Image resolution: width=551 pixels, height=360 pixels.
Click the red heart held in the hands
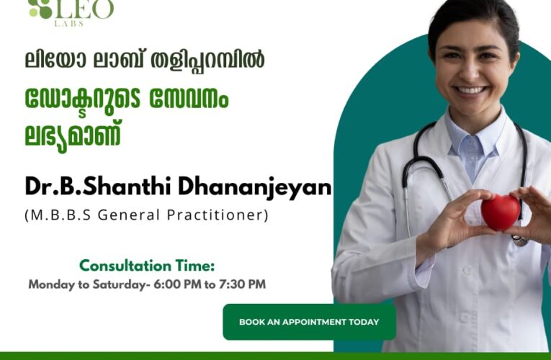pyautogui.click(x=500, y=212)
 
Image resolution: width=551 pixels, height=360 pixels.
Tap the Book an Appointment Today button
pyautogui.click(x=309, y=322)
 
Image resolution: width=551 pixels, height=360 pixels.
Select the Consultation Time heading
pyautogui.click(x=147, y=265)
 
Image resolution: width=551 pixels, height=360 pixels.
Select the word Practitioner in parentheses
pyautogui.click(x=225, y=214)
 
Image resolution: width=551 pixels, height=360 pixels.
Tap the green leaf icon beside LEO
pyautogui.click(x=40, y=9)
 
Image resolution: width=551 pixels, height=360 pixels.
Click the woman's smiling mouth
pyautogui.click(x=472, y=91)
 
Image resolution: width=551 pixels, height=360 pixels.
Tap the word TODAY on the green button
pyautogui.click(x=364, y=322)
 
